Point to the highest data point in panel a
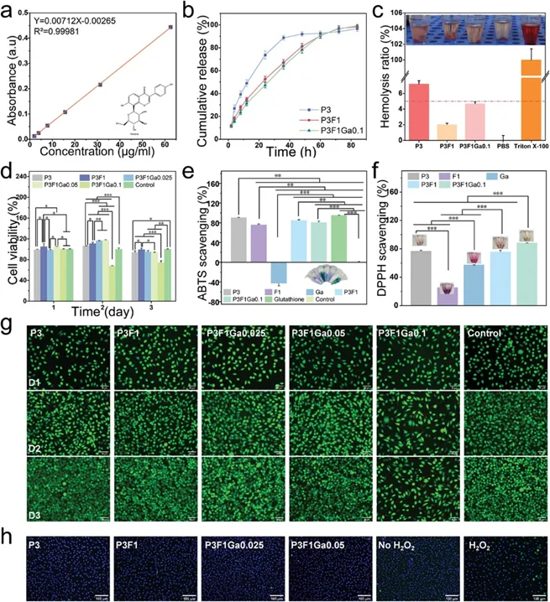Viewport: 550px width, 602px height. click(170, 27)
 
